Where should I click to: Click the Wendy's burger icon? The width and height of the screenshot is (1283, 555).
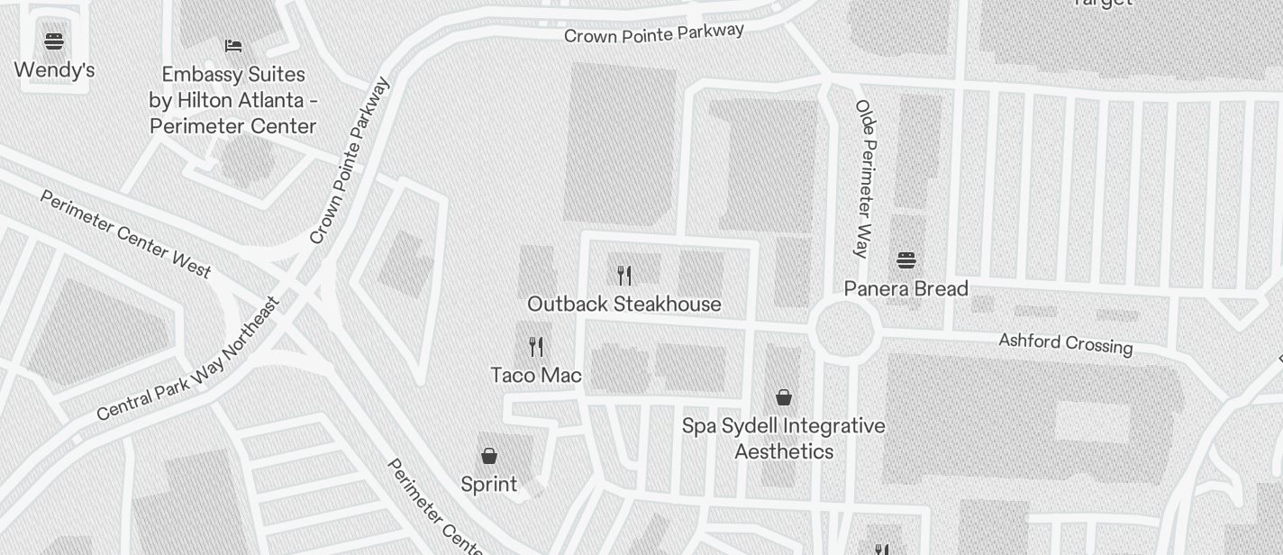[54, 41]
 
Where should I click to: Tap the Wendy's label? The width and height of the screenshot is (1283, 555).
[54, 70]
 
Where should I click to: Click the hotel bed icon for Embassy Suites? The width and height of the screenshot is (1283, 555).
[233, 45]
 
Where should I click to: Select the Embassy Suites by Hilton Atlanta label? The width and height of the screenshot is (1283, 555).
[233, 100]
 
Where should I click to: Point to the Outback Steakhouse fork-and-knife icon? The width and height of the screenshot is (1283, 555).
[624, 275]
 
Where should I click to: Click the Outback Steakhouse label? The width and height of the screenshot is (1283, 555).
[624, 305]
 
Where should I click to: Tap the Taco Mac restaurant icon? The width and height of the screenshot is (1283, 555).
[536, 346]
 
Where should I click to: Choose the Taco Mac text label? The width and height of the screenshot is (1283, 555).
[536, 375]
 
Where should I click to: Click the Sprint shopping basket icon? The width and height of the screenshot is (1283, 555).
[489, 456]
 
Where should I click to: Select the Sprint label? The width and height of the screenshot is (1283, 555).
[489, 485]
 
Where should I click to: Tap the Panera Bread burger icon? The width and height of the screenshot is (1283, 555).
[906, 260]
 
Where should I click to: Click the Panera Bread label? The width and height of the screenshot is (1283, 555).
[906, 289]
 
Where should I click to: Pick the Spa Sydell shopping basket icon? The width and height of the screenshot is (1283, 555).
[784, 397]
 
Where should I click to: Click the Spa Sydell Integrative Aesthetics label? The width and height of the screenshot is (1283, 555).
[784, 438]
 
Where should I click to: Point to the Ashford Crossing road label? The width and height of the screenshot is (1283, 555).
[1065, 343]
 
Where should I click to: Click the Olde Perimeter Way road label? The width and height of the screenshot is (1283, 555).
[865, 178]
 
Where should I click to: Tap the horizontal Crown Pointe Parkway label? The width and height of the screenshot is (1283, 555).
[654, 33]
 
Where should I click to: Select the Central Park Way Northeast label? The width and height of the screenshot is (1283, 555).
[188, 359]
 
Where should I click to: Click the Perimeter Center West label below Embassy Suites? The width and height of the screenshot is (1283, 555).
[126, 232]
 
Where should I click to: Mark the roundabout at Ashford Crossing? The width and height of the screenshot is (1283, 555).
[845, 330]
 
